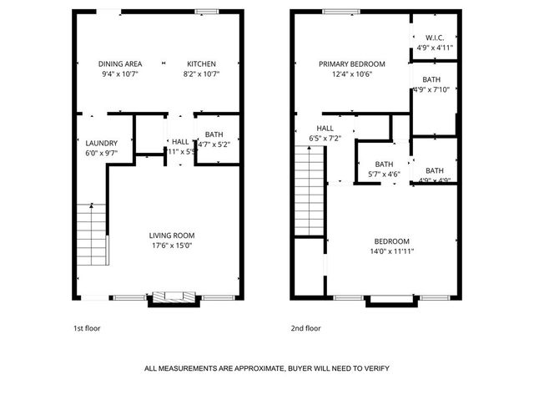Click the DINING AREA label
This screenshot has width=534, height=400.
point(120,64)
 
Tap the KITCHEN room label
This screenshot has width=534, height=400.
point(201,64)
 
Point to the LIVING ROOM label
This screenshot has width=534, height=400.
point(172,235)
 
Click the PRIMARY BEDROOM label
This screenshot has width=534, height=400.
point(351,64)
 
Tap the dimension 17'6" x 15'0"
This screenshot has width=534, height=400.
point(172,246)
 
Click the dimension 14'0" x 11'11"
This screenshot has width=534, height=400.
point(391,251)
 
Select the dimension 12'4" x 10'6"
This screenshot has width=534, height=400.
point(351,74)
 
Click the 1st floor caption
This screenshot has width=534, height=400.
point(87,328)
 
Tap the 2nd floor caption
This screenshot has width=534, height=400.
point(305,328)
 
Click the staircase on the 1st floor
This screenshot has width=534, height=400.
point(93,235)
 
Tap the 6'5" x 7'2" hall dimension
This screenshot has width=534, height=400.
point(325,138)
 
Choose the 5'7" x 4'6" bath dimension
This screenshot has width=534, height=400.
point(384,175)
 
